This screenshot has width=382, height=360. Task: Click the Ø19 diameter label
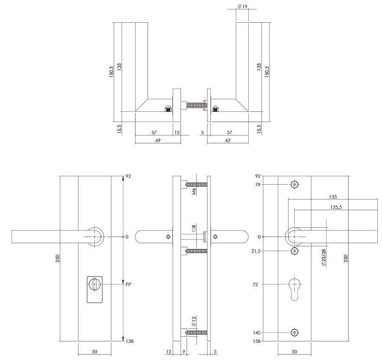pos(242,6)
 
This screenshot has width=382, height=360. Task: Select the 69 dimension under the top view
pos(158,140)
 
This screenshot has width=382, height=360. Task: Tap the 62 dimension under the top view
pos(228,140)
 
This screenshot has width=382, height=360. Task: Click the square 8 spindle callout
pos(194,228)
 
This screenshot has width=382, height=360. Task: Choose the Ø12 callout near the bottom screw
pos(194,321)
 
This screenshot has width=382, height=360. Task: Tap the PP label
pos(129,284)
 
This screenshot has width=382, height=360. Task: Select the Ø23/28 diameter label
pos(324,257)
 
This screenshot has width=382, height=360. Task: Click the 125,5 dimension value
pos(336,207)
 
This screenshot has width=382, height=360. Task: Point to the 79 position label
pos(258,185)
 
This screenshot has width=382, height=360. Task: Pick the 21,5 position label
pos(256,251)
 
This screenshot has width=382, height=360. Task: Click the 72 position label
pos(255,284)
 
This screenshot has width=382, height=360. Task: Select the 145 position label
pos(257,333)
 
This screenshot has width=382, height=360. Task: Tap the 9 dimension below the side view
pos(184,352)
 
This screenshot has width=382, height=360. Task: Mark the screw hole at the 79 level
pos(295,184)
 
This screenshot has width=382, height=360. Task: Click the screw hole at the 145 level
pos(295,333)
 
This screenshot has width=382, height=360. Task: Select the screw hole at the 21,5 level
pos(295,251)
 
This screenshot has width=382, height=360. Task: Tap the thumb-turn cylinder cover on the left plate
pos(95,289)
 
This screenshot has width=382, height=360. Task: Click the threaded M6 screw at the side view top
pos(196,184)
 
